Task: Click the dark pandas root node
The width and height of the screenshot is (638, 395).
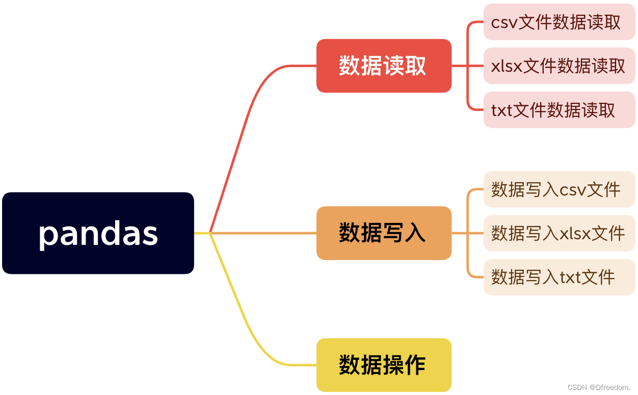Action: pos(98,233)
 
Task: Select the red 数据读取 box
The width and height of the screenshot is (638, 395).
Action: pos(384,66)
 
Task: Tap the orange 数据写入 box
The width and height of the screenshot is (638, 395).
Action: pos(384,233)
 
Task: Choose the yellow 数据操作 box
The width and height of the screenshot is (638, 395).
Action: pos(384,365)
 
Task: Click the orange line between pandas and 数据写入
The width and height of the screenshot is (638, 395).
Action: pos(265,233)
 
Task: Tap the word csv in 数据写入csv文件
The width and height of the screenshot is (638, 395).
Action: pos(572,190)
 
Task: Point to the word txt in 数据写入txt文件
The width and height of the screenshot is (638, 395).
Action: pos(572,277)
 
